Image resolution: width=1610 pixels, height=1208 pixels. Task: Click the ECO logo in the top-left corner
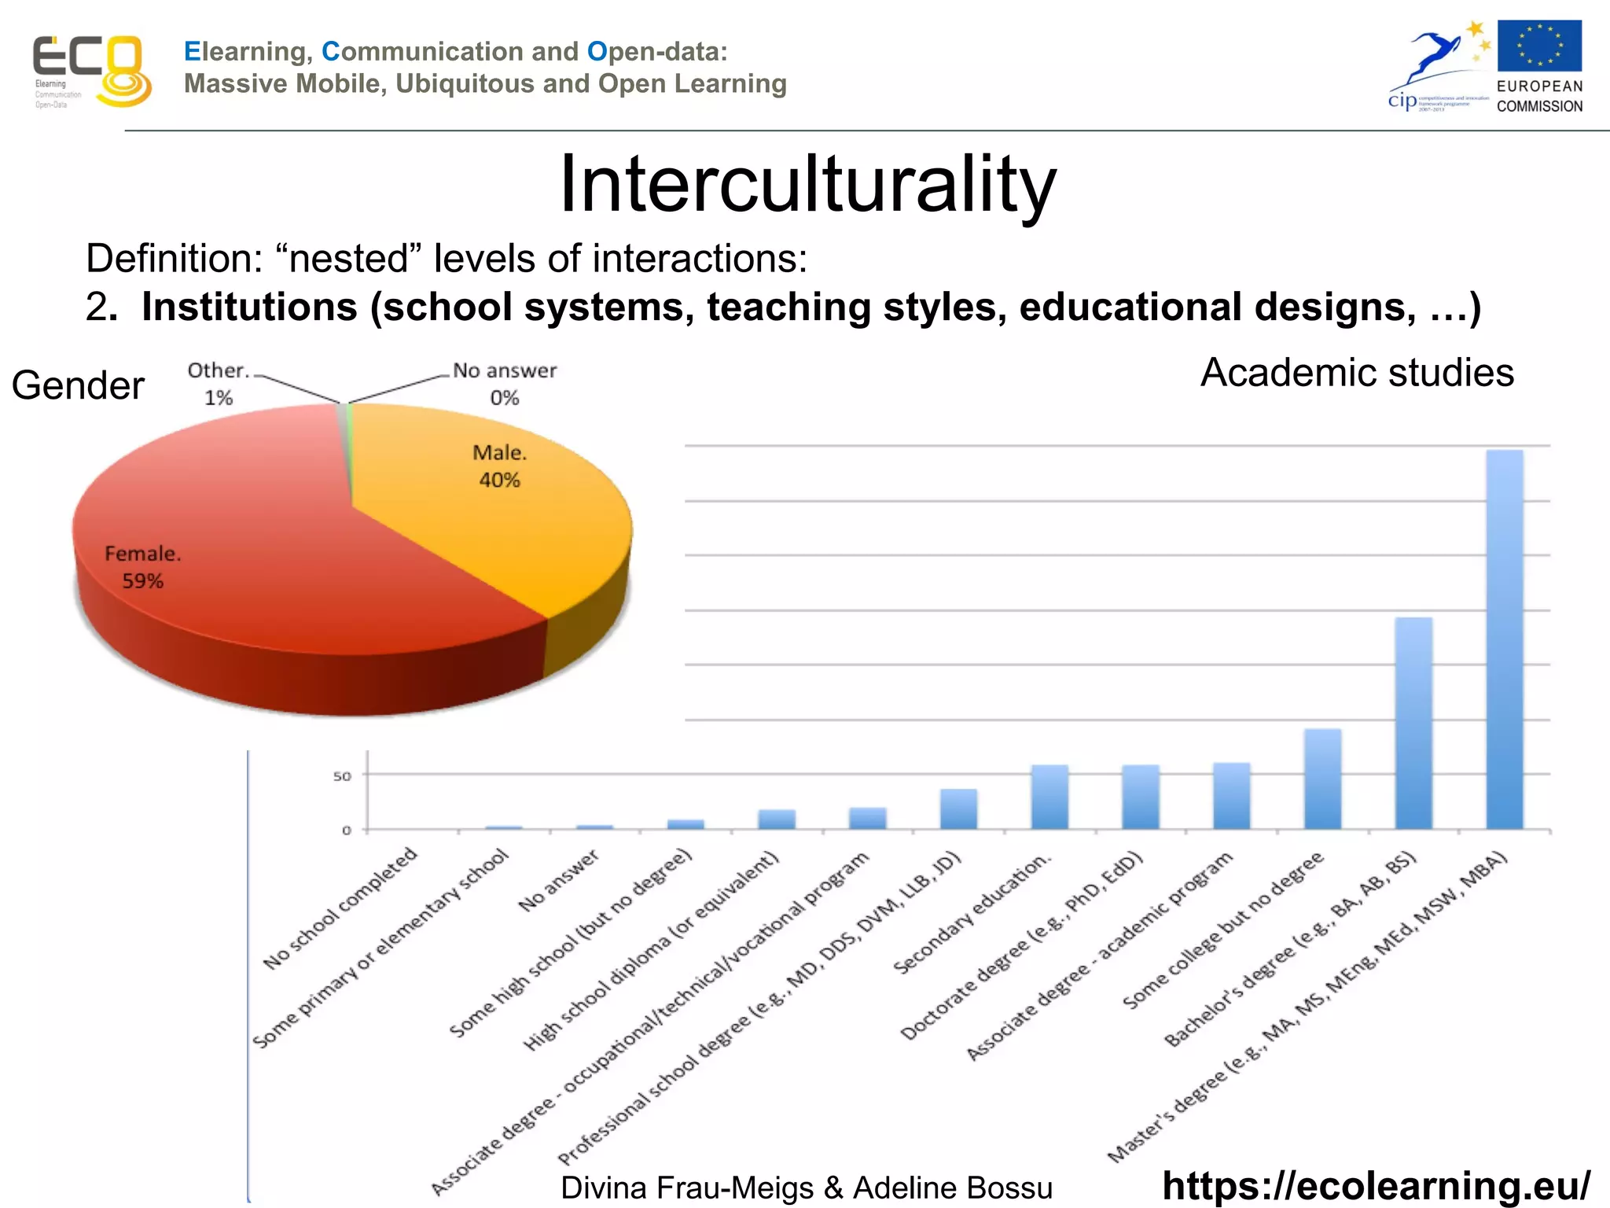[x=90, y=71]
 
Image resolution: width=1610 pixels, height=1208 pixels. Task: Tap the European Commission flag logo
[x=1538, y=47]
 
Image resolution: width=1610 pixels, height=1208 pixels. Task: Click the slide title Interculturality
[x=807, y=184]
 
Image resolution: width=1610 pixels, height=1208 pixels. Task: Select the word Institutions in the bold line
[x=249, y=307]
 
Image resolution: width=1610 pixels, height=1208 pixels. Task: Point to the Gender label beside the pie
[x=78, y=385]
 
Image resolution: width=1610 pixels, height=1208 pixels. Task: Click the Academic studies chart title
[x=1357, y=373]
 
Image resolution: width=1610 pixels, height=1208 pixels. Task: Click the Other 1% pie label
[x=218, y=384]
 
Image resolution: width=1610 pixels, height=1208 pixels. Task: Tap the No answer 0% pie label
[x=505, y=384]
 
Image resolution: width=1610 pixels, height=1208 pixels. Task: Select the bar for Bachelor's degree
[x=1413, y=724]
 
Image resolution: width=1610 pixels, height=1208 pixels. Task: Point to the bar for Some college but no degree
[x=1322, y=779]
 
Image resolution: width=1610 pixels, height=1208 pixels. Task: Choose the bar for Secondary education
[x=1049, y=797]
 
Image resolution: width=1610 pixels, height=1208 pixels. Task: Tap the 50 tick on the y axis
[x=342, y=776]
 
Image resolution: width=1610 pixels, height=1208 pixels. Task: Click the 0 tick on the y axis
[x=346, y=830]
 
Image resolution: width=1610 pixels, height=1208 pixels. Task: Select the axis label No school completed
[x=340, y=908]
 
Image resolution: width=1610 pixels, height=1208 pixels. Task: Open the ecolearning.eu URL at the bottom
[x=1376, y=1185]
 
